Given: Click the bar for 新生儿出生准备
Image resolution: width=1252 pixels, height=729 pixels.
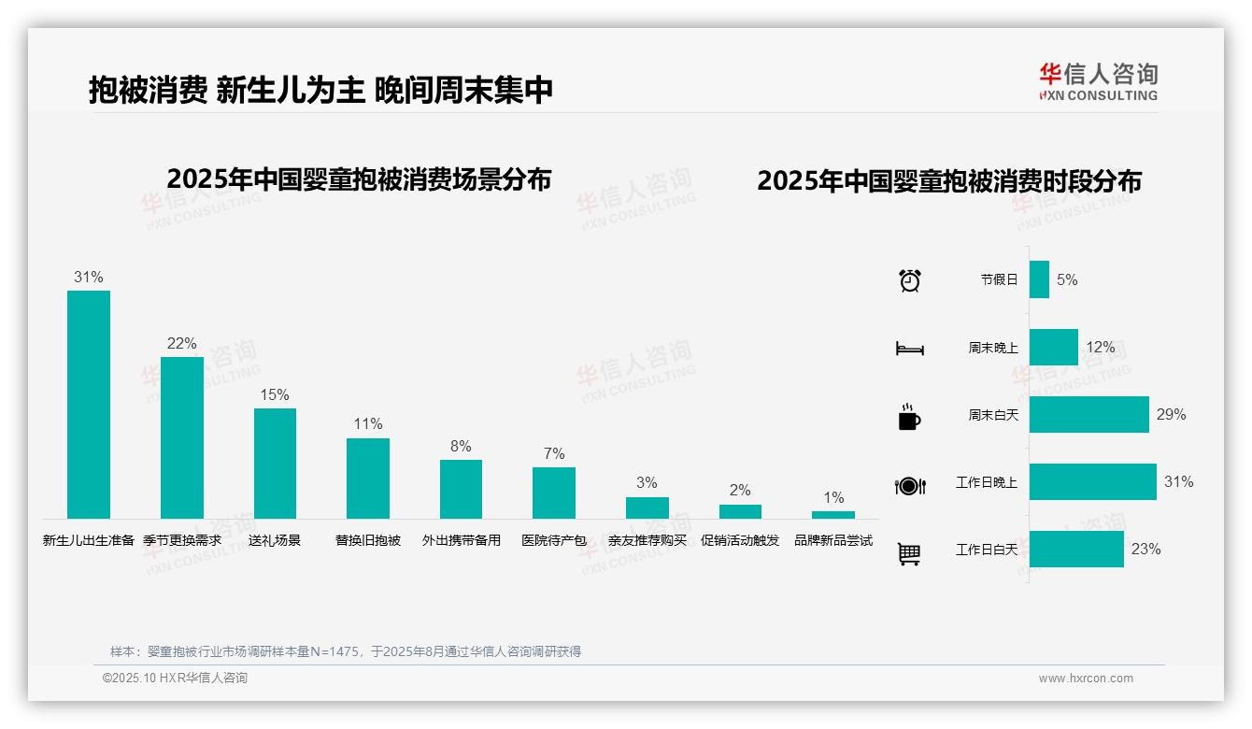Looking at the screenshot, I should coord(89,404).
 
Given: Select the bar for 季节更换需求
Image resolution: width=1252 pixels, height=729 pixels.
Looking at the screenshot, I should coord(181,437).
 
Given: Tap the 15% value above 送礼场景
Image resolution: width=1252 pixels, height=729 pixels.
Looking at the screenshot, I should coord(275,394).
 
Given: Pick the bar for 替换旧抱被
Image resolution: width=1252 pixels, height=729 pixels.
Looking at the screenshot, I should coord(368,478).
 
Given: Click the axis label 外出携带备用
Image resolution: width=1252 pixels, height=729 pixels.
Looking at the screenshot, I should coord(461,540).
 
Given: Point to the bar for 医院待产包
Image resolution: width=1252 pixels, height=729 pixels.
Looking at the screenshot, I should coord(554,493).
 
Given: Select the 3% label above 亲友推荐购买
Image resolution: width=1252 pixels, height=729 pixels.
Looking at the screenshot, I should coord(647,482).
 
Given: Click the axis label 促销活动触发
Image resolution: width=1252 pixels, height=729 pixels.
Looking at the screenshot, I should coord(740,540).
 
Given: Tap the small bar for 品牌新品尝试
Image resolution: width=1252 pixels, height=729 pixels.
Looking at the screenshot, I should coord(833,515).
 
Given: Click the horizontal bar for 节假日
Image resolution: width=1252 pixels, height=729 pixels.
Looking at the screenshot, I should coord(1039,279).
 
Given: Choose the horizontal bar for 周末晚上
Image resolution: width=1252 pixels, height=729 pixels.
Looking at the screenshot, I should coord(1053,347).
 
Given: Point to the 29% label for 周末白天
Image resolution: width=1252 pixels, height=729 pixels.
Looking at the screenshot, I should coord(1171,414).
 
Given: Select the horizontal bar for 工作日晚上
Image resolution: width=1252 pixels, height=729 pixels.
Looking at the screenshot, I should coord(1092,482).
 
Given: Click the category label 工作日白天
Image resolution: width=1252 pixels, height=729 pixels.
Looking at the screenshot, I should coord(986,550).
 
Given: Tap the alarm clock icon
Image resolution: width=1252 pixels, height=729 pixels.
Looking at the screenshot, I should coord(910,280).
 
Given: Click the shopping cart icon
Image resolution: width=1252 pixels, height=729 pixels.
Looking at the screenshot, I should coord(909,553).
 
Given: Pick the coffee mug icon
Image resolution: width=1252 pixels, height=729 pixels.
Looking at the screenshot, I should coord(909,417).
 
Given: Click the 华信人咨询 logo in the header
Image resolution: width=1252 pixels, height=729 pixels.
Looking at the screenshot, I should coord(1098,81).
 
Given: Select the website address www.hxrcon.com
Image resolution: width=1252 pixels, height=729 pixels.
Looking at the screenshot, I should coord(1086,679).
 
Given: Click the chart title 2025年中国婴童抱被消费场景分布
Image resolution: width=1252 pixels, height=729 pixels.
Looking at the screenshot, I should coord(359,179).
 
